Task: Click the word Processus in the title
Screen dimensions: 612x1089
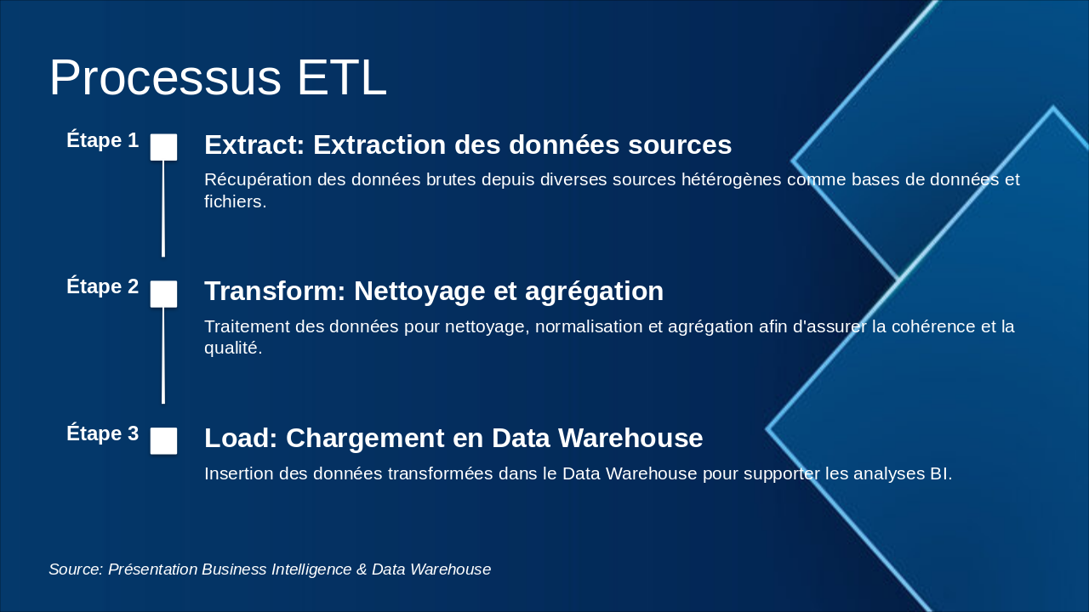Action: click(164, 78)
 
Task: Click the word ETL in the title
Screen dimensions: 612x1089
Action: click(341, 78)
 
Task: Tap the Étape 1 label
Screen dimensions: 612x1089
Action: click(102, 140)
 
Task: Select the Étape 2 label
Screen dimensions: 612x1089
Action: click(102, 286)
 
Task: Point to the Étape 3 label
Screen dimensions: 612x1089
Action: click(102, 433)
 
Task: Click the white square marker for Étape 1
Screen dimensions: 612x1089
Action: click(163, 147)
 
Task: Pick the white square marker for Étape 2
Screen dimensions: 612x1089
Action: click(163, 294)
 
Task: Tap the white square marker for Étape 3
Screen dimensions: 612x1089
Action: click(163, 441)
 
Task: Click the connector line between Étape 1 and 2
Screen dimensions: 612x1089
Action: click(163, 208)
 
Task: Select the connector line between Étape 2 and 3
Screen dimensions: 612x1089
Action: click(163, 355)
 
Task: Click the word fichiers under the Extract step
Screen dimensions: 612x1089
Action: click(235, 202)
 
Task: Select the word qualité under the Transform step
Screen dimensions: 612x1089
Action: click(232, 348)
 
